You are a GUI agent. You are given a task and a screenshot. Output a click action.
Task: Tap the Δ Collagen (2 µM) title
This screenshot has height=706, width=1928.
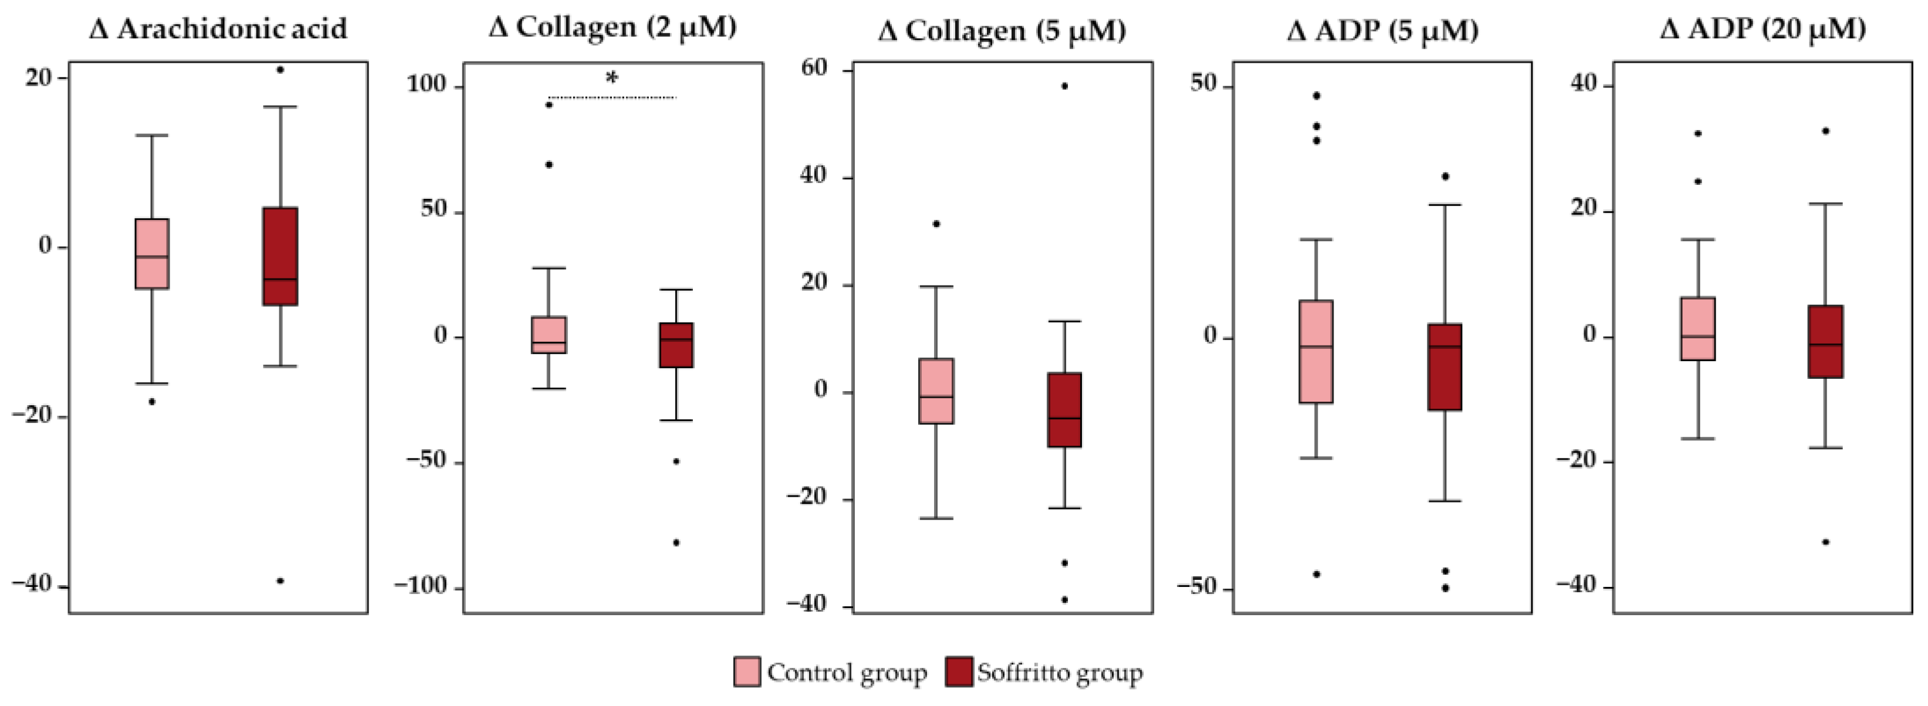(x=612, y=27)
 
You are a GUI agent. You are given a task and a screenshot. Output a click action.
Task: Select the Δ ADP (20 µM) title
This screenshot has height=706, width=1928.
(x=1763, y=28)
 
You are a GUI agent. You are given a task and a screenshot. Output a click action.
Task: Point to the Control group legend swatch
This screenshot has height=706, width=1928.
(x=746, y=671)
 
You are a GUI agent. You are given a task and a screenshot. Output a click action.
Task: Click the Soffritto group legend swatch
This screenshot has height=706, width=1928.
(x=958, y=671)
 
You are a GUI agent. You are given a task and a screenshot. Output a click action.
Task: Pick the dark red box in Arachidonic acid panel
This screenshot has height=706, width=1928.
(x=280, y=256)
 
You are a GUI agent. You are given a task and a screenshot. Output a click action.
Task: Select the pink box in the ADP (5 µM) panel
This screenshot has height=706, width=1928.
(x=1316, y=351)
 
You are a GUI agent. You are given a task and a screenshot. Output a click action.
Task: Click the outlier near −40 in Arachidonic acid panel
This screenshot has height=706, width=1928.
(x=280, y=581)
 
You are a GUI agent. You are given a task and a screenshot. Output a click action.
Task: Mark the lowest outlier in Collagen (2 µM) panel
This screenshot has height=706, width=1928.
(x=676, y=543)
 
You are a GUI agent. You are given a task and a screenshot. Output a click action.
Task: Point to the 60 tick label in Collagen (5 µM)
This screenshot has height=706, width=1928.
(x=814, y=69)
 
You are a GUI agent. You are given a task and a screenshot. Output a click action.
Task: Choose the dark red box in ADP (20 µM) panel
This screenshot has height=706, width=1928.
(x=1825, y=341)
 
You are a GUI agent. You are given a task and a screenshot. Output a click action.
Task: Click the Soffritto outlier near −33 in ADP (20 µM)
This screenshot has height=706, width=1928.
(x=1825, y=541)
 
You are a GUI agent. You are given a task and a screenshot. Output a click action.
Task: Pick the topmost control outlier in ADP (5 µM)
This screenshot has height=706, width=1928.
(x=1317, y=96)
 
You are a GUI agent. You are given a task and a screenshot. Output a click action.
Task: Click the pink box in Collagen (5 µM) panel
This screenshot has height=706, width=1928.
(x=936, y=391)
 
